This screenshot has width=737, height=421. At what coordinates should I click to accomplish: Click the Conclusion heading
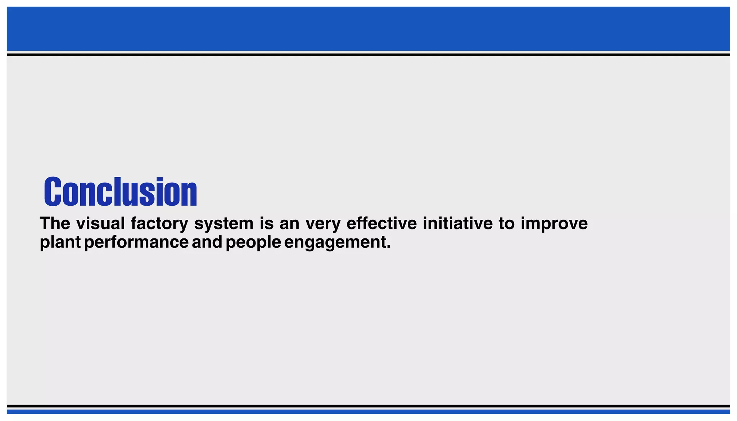tap(121, 192)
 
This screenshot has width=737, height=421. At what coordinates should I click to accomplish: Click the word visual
tap(100, 223)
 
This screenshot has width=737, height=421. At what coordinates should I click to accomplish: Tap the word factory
tap(159, 223)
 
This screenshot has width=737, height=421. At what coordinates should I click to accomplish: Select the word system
tap(224, 223)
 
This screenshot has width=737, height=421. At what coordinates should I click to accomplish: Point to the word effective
tap(381, 223)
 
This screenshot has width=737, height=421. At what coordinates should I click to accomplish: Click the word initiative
tap(457, 223)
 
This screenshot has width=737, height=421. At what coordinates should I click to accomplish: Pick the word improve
tap(554, 224)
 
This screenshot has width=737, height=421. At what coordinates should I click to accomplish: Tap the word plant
tap(60, 242)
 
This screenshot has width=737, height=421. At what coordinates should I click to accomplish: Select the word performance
tap(136, 242)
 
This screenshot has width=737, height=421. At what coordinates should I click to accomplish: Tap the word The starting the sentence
tap(55, 223)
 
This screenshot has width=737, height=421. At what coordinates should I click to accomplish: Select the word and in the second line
tap(207, 242)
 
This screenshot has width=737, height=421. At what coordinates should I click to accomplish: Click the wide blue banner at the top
tap(368, 29)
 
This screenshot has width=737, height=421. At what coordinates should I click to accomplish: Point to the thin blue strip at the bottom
tap(368, 412)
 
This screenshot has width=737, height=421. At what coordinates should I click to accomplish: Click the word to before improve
tap(506, 223)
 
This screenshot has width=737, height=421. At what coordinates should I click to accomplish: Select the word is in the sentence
tap(267, 223)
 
